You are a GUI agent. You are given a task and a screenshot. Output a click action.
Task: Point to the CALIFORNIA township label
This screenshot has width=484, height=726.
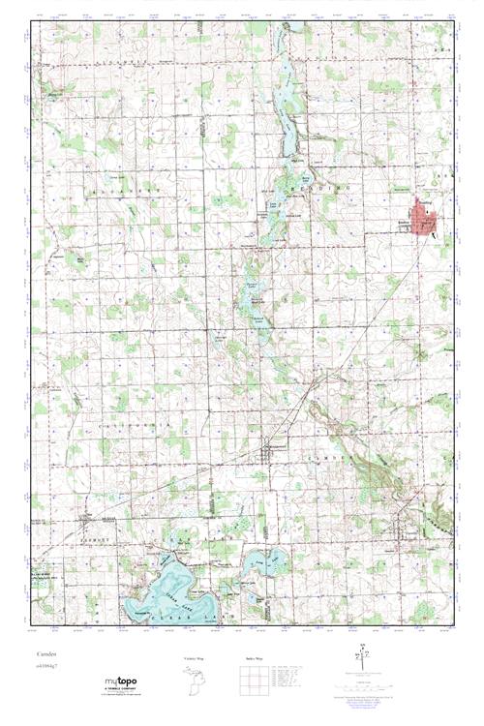(145, 426)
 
